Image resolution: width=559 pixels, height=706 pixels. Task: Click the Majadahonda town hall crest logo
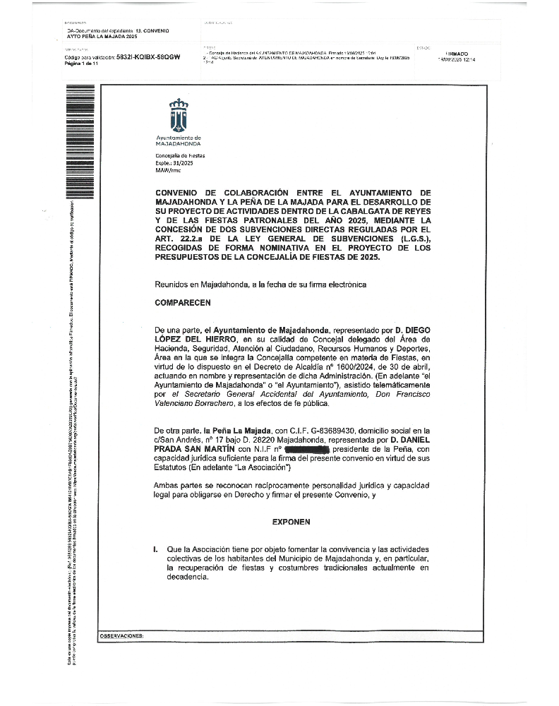pyautogui.click(x=178, y=114)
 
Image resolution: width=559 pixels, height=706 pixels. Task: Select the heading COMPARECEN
pyautogui.click(x=183, y=301)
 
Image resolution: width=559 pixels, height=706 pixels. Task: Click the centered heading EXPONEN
pyautogui.click(x=291, y=504)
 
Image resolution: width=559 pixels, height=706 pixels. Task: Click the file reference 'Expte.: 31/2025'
pyautogui.click(x=172, y=162)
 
